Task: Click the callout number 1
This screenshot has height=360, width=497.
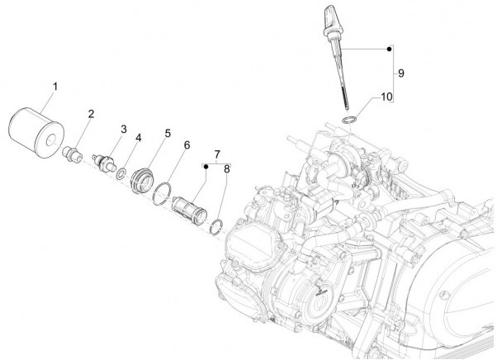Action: [x=56, y=86]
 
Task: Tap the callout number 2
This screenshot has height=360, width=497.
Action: [x=91, y=113]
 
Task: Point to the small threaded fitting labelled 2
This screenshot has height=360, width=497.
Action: [x=73, y=154]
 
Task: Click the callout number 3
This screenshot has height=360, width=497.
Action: [x=124, y=129]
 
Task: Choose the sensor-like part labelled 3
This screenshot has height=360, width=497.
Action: [x=105, y=161]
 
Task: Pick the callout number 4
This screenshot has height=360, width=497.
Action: [x=139, y=138]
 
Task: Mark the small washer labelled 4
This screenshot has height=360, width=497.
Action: [x=121, y=173]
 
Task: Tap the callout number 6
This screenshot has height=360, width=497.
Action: [x=187, y=145]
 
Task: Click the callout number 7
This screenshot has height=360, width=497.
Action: [x=216, y=154]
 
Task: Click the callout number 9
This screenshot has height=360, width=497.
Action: [x=400, y=73]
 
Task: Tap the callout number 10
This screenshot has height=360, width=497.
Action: [x=385, y=97]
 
